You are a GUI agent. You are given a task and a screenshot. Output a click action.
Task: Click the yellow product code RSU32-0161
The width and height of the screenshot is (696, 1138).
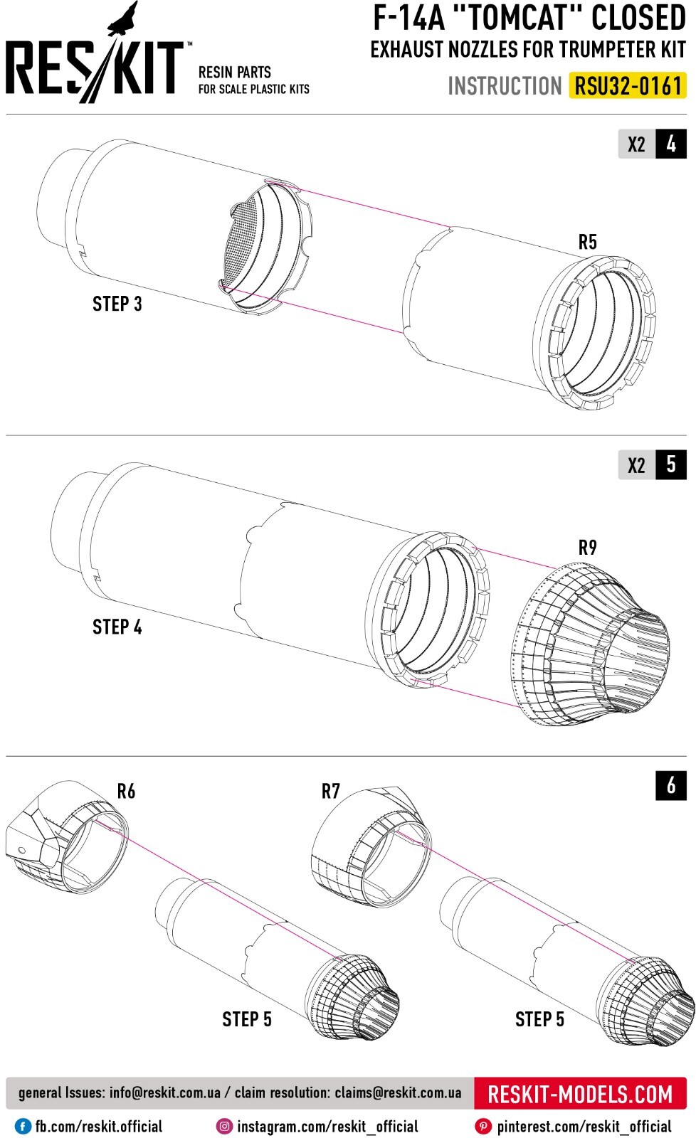point(628,86)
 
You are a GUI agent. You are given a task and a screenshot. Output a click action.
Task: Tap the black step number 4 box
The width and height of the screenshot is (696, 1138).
point(671,144)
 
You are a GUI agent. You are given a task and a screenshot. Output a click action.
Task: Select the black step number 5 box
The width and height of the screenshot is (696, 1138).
point(671,465)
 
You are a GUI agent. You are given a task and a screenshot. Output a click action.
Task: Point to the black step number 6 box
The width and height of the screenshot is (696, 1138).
point(671,786)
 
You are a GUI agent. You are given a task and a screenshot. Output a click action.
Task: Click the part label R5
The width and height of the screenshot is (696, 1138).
point(587,243)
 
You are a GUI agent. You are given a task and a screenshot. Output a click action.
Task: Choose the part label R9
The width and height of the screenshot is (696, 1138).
point(587,548)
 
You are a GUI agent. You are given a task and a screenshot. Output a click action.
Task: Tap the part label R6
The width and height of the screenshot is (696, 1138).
point(126,791)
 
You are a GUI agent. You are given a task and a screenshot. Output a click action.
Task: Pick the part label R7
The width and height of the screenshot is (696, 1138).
point(331,791)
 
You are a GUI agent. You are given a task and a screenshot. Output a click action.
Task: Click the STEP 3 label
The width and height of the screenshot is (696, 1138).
point(117,304)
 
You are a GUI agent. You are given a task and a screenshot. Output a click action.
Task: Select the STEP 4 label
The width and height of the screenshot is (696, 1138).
point(117,627)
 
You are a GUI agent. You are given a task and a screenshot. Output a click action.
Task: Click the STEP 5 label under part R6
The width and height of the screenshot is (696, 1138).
point(247,1019)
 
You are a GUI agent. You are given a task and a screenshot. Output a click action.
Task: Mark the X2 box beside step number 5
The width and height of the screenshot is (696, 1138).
point(636,465)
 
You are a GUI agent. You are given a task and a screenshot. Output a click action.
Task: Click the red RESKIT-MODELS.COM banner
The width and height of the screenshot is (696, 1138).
point(580,1094)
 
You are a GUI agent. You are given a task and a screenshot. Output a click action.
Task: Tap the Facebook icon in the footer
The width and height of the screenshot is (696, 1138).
point(23,1127)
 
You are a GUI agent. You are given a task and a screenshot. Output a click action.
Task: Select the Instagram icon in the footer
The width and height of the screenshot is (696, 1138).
point(225,1127)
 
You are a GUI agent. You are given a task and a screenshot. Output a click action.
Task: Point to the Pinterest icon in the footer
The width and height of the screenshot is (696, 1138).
point(484,1127)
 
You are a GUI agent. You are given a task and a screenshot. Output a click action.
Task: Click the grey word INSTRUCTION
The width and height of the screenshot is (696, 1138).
point(505,86)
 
